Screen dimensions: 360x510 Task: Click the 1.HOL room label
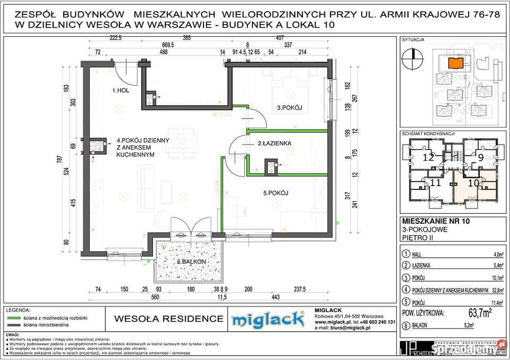click(121, 91)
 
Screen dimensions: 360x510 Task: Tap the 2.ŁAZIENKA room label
click(274, 144)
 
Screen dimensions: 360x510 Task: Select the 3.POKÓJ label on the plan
click(289, 108)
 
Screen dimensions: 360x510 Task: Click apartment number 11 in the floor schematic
click(436, 183)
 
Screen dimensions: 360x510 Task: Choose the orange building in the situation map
click(455, 63)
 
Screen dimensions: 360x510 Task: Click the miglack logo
click(268, 319)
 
